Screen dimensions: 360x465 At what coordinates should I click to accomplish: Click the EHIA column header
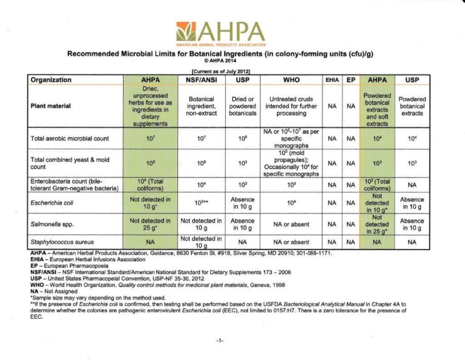[x=332, y=79]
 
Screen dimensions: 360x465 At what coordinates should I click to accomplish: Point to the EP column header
[x=351, y=79]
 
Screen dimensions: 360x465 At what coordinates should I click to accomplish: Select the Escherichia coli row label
[x=51, y=203]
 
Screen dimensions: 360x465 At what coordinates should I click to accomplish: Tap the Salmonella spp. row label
[x=48, y=224]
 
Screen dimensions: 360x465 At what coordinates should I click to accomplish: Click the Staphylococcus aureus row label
[x=59, y=242]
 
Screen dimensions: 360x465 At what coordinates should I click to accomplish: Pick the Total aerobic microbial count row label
[x=70, y=138]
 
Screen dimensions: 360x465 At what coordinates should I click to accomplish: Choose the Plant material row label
[x=51, y=106]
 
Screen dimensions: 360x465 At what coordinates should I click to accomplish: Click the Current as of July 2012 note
[x=220, y=72]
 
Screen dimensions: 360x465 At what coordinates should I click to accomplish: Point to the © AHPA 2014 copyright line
[x=220, y=61]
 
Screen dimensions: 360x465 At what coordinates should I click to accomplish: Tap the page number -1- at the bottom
[x=220, y=341]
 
